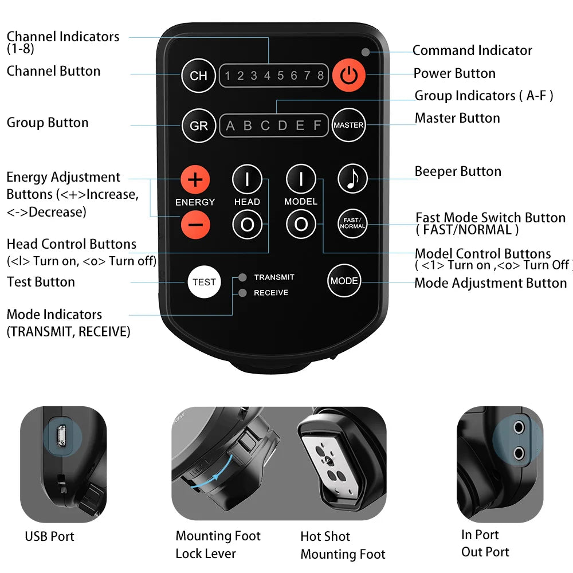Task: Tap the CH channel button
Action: [x=198, y=76]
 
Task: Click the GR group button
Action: [x=199, y=125]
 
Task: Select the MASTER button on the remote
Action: [x=348, y=125]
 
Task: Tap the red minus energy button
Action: [x=195, y=225]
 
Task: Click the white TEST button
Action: [x=205, y=282]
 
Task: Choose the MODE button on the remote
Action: [x=344, y=281]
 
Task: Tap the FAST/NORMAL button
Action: [x=352, y=223]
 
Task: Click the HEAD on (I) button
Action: [x=248, y=179]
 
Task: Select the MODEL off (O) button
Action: [x=301, y=223]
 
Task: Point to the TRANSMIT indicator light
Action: [x=242, y=277]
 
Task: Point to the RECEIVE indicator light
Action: [x=242, y=293]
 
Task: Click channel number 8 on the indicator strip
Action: [x=320, y=76]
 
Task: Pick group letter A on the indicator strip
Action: [x=230, y=125]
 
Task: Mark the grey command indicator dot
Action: [x=365, y=52]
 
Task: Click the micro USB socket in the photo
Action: [x=61, y=436]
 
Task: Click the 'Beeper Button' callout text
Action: [x=458, y=171]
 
